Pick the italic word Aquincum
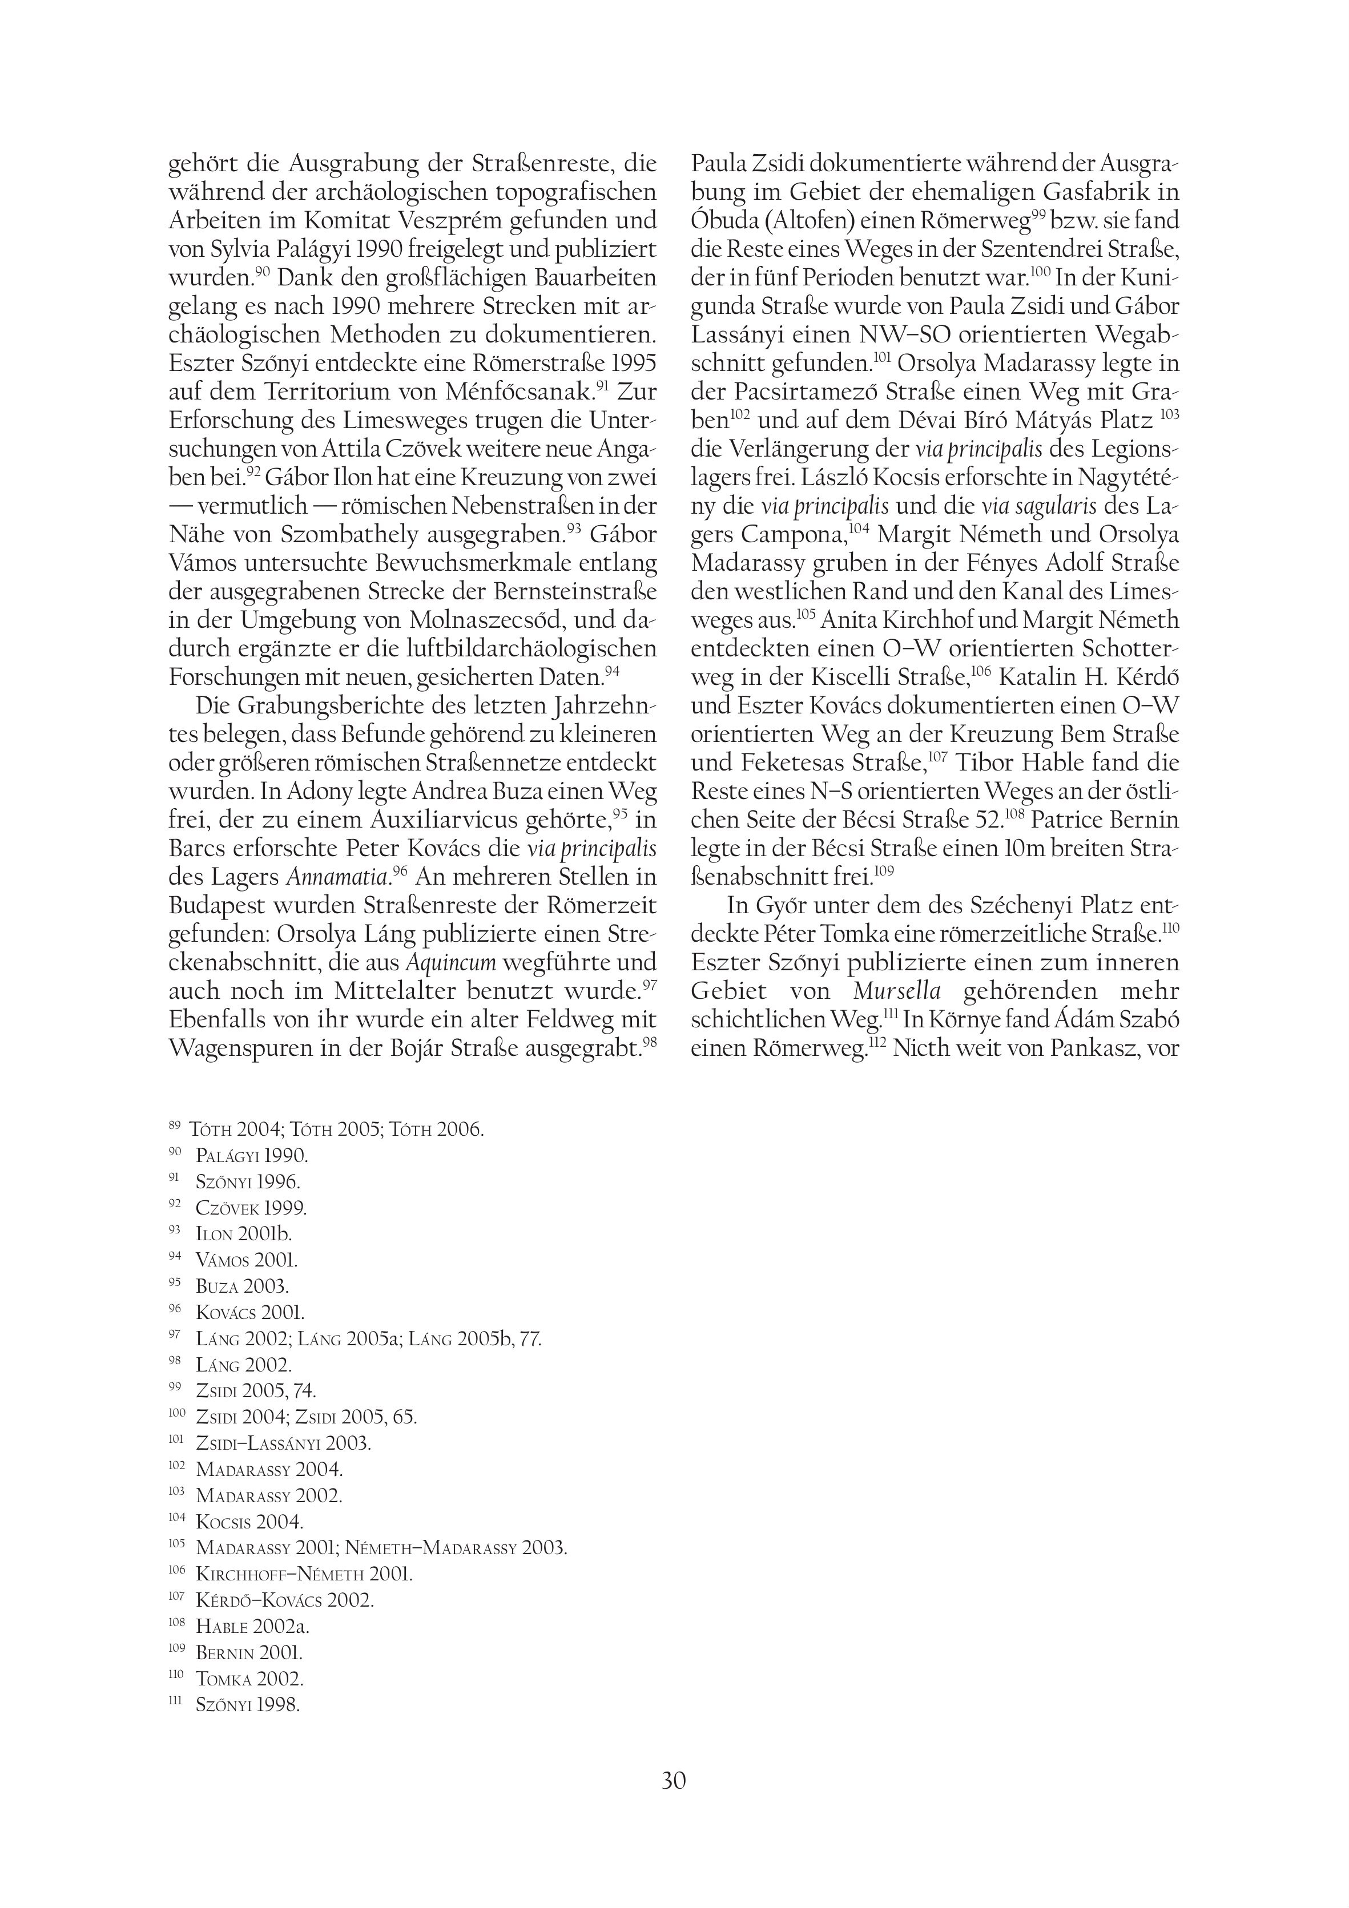point(450,962)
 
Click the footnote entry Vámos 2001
point(246,1260)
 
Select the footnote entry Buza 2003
point(242,1286)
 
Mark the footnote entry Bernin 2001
point(248,1653)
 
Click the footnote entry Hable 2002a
point(252,1626)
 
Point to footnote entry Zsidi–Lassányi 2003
point(283,1443)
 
